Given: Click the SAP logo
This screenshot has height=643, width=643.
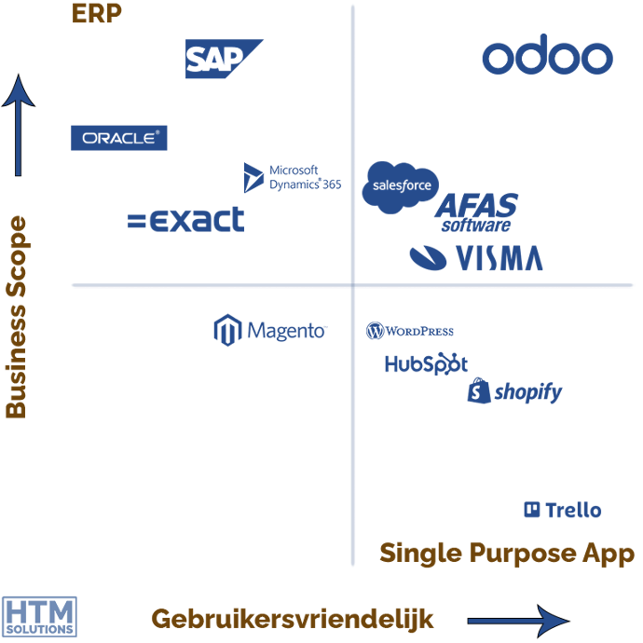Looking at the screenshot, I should [222, 59].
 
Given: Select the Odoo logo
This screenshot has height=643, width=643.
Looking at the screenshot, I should [547, 58].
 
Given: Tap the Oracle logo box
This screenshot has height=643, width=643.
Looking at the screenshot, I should [119, 138].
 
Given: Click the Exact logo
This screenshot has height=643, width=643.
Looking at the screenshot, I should [186, 220].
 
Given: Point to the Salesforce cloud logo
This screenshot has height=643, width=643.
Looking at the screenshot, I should [399, 185].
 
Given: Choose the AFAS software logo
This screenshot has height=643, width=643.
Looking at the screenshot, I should [476, 212].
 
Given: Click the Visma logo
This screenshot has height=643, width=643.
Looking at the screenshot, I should [476, 257].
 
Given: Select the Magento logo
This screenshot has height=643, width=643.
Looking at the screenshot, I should [270, 331].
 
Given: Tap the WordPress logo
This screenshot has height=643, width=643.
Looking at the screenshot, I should [410, 331].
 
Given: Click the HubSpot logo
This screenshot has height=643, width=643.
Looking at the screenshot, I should [426, 363].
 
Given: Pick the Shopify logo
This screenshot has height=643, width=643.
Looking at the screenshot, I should [514, 391].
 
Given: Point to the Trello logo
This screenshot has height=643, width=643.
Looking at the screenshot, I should [563, 510].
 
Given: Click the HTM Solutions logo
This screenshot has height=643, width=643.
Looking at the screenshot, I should [39, 616].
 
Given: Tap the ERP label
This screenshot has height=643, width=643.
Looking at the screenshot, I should [97, 15].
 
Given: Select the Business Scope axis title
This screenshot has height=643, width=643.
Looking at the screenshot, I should [16, 317].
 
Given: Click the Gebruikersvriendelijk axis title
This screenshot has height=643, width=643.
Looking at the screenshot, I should [293, 619].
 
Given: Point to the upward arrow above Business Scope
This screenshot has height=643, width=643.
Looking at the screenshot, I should [18, 126].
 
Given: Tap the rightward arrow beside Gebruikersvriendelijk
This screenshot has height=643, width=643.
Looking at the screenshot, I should [517, 621].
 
